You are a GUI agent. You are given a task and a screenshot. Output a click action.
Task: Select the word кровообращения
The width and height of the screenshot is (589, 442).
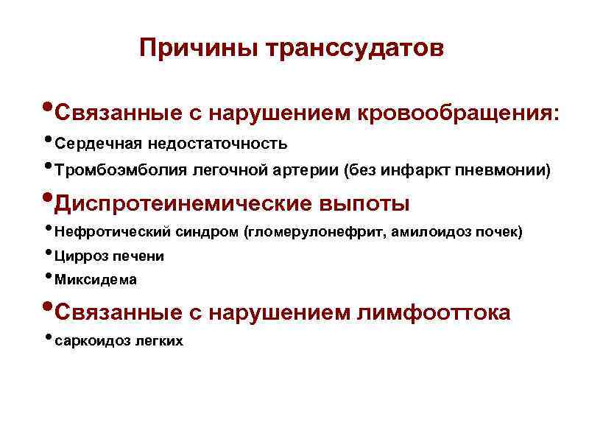pos(458,113)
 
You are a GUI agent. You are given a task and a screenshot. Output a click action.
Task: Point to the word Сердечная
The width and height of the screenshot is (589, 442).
pos(97,142)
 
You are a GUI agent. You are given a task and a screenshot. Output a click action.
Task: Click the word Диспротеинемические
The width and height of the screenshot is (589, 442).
pos(184,203)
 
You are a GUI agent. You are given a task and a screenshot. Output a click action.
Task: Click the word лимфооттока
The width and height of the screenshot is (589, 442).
pos(433,312)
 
